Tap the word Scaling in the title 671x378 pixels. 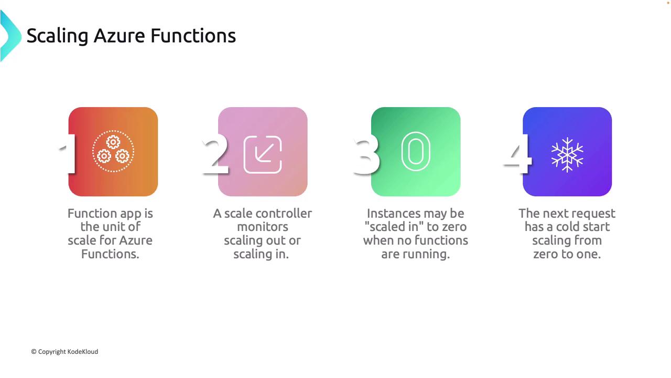57,36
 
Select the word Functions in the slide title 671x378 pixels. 193,36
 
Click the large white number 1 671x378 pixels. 68,154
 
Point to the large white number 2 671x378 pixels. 215,154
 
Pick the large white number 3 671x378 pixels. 366,154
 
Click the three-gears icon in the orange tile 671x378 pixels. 113,151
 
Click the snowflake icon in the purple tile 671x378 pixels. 567,155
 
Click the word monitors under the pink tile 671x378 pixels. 263,227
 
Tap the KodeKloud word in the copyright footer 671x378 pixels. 83,352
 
